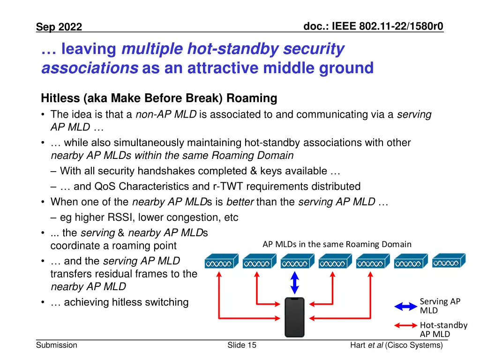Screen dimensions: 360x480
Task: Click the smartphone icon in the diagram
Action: [x=294, y=317]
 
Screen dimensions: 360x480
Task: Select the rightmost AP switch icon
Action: [x=449, y=261]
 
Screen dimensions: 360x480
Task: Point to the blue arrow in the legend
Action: [x=405, y=306]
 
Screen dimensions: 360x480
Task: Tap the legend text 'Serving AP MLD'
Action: [x=440, y=306]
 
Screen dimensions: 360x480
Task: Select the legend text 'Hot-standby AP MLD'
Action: [x=443, y=329]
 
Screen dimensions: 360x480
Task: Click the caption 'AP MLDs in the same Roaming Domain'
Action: [x=337, y=244]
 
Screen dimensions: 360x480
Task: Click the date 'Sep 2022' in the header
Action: [x=59, y=27]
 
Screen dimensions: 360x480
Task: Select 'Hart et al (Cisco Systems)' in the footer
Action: [x=396, y=345]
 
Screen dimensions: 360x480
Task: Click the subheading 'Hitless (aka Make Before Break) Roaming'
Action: [x=159, y=98]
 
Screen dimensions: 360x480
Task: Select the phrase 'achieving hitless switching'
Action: [x=126, y=302]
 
